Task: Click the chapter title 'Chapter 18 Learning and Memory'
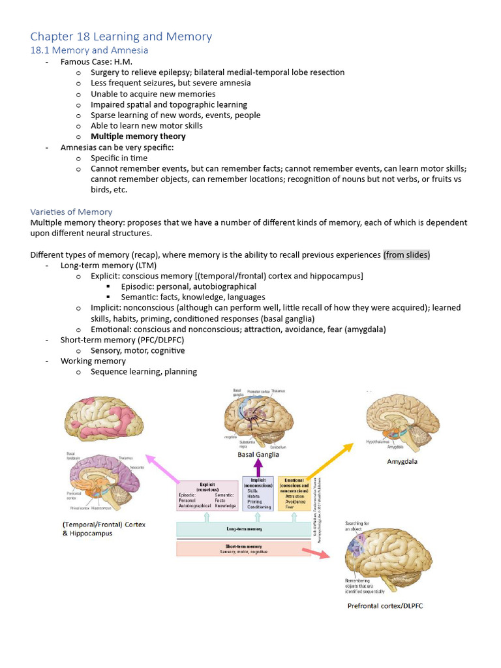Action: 121,36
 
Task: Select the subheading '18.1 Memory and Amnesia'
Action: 89,50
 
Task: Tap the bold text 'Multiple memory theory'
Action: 138,136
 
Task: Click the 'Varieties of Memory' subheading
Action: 71,211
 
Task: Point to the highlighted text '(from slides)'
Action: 406,254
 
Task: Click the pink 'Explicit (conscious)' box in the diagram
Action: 207,496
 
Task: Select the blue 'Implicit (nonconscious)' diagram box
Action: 258,494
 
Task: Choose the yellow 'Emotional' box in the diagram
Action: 294,494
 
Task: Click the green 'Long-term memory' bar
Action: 243,528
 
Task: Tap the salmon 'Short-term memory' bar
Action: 243,549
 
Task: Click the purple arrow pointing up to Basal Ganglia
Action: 258,467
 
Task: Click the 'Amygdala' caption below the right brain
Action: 402,461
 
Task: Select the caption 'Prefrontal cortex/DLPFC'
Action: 385,606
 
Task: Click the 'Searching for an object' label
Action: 357,526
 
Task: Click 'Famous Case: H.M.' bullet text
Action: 96,61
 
